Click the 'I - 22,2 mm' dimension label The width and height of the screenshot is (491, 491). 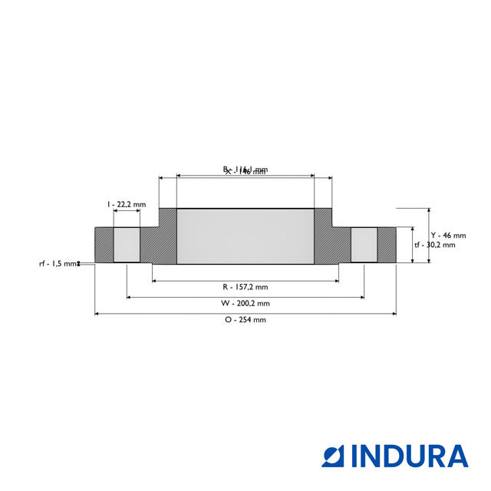click(x=127, y=204)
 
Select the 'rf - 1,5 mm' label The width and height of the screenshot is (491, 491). click(x=59, y=263)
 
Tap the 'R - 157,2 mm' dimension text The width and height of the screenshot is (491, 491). click(x=245, y=287)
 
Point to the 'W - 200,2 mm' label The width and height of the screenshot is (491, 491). click(x=245, y=303)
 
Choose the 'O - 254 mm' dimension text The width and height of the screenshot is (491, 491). click(x=245, y=320)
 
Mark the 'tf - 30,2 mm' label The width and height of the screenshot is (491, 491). click(x=434, y=245)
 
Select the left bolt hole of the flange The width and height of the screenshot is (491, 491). click(x=127, y=245)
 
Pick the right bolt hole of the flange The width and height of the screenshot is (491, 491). click(x=364, y=245)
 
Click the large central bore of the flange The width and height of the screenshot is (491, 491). click(x=245, y=237)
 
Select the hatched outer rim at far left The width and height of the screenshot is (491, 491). click(x=104, y=245)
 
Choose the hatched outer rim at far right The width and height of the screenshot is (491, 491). click(x=387, y=245)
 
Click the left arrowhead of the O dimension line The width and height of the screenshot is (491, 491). click(x=97, y=313)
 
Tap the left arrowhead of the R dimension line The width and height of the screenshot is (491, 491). click(x=154, y=281)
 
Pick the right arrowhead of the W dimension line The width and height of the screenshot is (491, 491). click(x=361, y=297)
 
